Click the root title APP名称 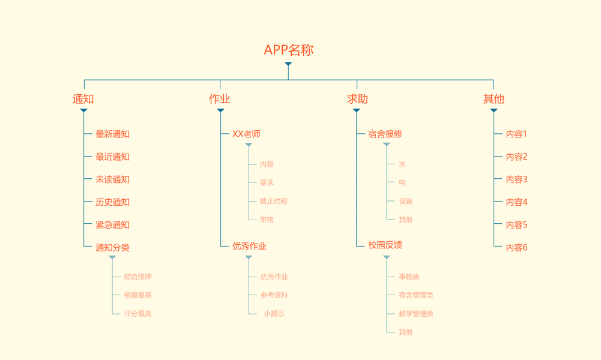click(288, 50)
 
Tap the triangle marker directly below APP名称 click(288, 64)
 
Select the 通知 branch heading click(83, 99)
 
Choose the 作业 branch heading click(220, 99)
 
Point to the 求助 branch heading click(357, 99)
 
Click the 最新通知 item click(112, 134)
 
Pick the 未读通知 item click(112, 179)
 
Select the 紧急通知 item click(112, 225)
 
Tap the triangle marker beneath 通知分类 click(112, 257)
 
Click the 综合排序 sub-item click(138, 277)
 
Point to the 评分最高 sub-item click(138, 313)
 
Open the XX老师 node click(246, 134)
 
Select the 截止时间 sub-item click(273, 201)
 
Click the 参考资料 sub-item click(274, 295)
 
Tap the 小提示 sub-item click(274, 313)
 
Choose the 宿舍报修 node click(385, 134)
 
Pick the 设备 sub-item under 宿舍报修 click(406, 201)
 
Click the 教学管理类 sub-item click(415, 313)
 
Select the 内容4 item click(516, 202)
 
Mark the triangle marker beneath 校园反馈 click(387, 257)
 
